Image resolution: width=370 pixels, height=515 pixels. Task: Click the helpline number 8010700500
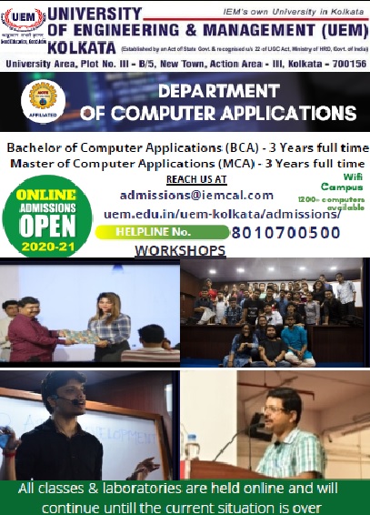(x=285, y=232)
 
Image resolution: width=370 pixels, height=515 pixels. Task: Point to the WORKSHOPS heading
(x=180, y=249)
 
